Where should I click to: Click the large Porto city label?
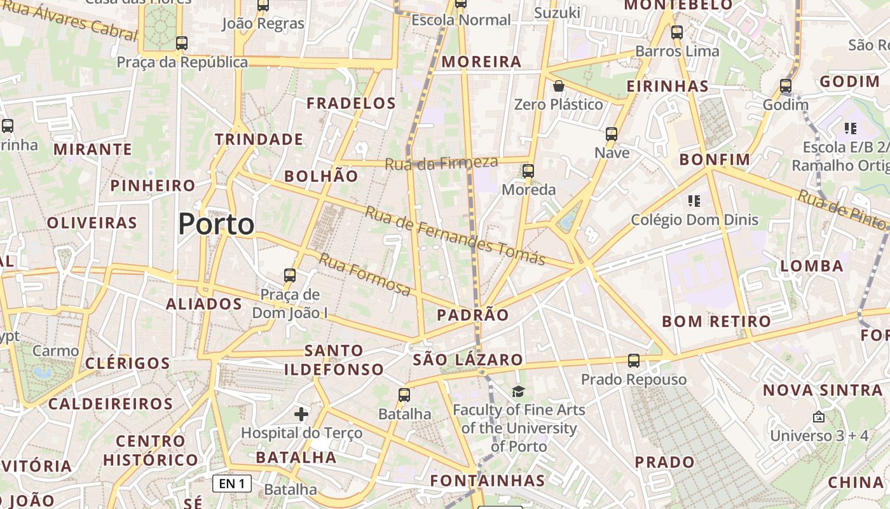(x=216, y=224)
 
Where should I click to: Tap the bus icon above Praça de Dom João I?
(x=290, y=275)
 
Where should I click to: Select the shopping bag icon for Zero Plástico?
(x=559, y=86)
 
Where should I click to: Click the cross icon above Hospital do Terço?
(x=301, y=415)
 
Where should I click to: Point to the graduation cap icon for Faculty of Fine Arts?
(x=519, y=391)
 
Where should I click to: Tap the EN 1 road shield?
(x=232, y=484)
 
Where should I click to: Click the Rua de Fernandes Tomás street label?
(x=455, y=236)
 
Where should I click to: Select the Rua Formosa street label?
(x=364, y=274)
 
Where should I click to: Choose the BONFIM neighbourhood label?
(x=715, y=160)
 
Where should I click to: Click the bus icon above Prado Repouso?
(x=633, y=361)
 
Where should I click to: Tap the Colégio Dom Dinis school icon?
(x=694, y=201)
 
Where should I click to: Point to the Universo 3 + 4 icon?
(x=819, y=417)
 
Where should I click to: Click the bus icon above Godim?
(x=786, y=86)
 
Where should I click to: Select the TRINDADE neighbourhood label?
(x=259, y=139)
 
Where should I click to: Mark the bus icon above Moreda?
(x=528, y=171)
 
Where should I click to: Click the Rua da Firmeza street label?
(x=441, y=164)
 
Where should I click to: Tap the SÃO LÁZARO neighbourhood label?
(x=468, y=360)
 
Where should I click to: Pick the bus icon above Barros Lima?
(x=677, y=32)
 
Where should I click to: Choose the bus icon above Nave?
(x=612, y=134)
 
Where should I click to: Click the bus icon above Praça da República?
(x=182, y=43)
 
